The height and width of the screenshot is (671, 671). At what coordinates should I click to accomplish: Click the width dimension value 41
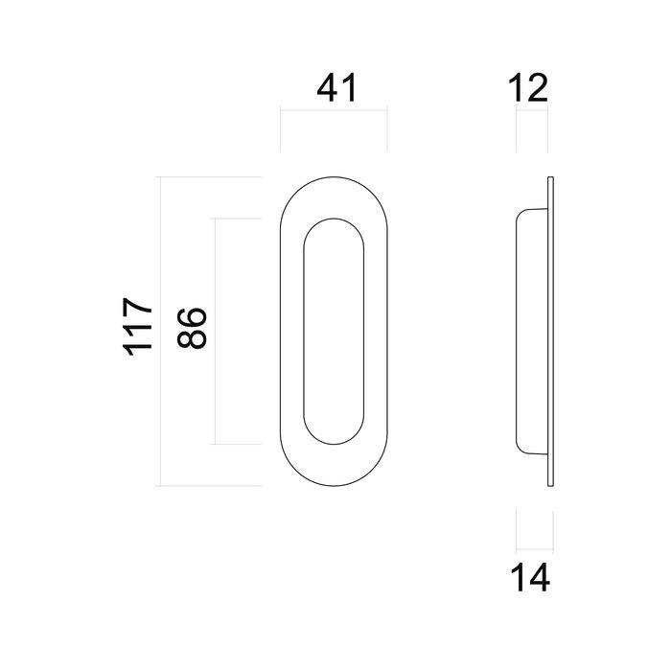tap(335, 88)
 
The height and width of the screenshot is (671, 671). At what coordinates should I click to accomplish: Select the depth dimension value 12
tap(529, 88)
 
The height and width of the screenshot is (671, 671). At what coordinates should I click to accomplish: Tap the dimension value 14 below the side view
tap(529, 578)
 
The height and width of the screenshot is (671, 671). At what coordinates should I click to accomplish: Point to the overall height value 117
tap(138, 331)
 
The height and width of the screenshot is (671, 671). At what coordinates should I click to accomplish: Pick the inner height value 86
tap(193, 331)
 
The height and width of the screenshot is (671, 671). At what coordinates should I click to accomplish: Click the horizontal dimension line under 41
tap(335, 112)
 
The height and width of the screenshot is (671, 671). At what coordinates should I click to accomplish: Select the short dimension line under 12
tap(532, 112)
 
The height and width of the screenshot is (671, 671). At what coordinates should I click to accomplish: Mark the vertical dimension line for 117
tap(160, 331)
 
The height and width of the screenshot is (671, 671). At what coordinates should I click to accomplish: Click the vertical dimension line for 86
tap(214, 331)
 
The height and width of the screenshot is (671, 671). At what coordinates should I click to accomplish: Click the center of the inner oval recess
tap(335, 332)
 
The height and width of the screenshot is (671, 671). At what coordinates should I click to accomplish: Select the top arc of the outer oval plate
tap(335, 177)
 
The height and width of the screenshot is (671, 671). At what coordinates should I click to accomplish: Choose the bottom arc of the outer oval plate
tap(335, 486)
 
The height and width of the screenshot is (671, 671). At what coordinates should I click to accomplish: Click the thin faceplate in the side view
tap(551, 332)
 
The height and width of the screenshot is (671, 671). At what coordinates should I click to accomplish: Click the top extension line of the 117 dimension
tap(211, 177)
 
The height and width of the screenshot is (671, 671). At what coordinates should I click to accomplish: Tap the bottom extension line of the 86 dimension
tap(238, 445)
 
